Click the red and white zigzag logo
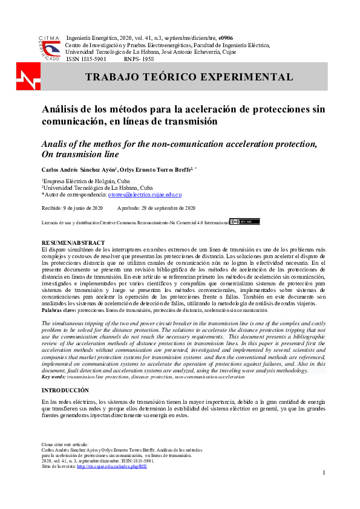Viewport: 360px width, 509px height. tap(28, 77)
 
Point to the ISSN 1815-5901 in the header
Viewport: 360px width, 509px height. tap(86, 59)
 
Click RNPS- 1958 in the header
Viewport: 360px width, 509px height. tap(139, 59)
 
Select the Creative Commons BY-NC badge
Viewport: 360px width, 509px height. tap(244, 222)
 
